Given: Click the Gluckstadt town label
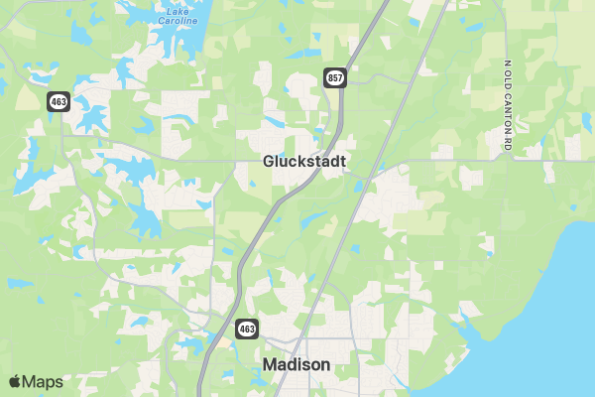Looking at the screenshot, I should (303, 161).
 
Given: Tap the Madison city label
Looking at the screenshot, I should (297, 365).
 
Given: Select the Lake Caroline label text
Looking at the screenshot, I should (178, 16).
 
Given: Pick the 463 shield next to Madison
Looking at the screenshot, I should (246, 327).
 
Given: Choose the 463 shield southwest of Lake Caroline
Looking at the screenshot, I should (59, 100).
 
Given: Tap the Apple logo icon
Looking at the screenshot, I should (14, 382).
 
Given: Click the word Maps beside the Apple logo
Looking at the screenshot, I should (43, 382).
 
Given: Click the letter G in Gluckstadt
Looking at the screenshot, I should (269, 161).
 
